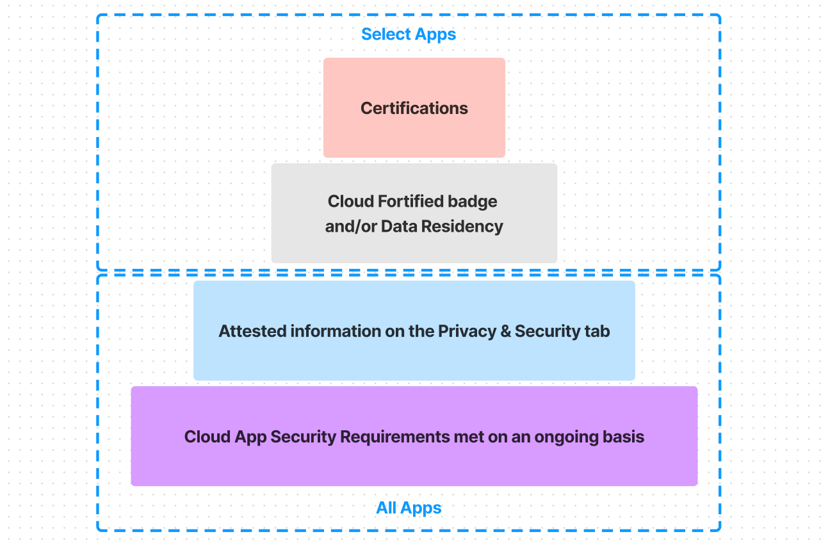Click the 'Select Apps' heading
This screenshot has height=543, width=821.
pyautogui.click(x=409, y=34)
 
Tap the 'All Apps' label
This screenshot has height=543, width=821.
pyautogui.click(x=409, y=508)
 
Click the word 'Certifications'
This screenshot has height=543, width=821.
pyautogui.click(x=414, y=108)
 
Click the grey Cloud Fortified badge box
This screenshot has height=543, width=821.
pyautogui.click(x=414, y=247)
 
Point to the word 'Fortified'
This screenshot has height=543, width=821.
pyautogui.click(x=410, y=201)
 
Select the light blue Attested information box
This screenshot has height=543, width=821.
pyautogui.click(x=414, y=362)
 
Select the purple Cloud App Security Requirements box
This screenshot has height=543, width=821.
pyautogui.click(x=414, y=467)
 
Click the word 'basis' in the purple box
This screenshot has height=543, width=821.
pyautogui.click(x=624, y=437)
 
